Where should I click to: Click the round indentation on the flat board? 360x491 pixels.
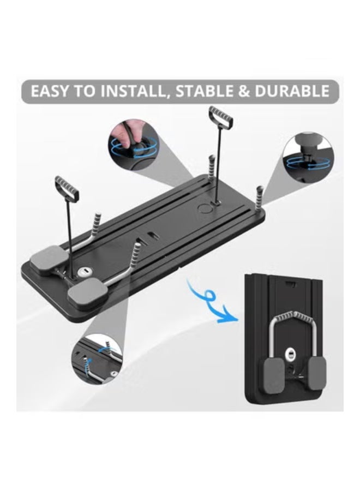206,207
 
